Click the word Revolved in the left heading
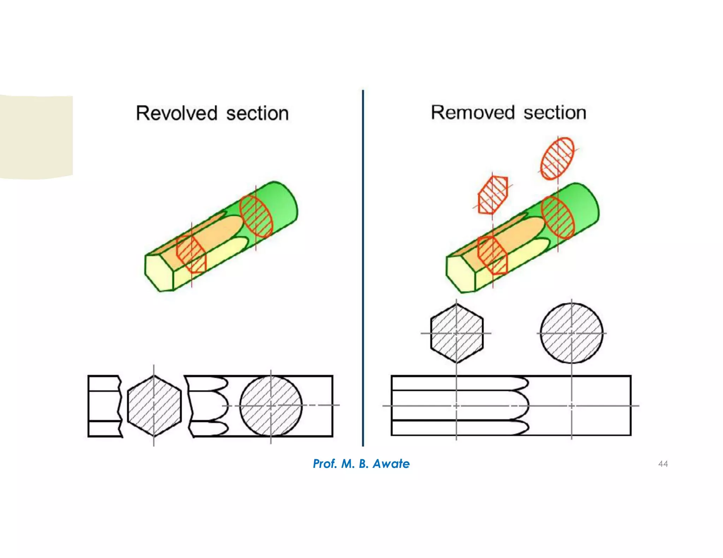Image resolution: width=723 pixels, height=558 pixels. coord(177,113)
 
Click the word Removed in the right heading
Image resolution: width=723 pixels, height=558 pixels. coord(473,113)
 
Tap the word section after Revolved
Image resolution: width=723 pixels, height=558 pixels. coord(257,113)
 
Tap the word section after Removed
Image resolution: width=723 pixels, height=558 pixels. coord(555,113)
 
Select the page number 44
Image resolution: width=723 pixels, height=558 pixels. coord(663,463)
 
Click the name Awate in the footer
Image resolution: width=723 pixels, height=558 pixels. coord(391,463)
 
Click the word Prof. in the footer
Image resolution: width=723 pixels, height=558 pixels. coord(325,463)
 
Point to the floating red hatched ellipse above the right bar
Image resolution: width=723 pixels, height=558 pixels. coord(557,158)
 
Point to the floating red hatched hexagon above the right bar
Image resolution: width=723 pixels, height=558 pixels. coord(493,195)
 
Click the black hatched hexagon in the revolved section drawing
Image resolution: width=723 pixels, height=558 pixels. coord(154,406)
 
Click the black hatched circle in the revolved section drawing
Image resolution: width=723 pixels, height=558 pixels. coord(271,406)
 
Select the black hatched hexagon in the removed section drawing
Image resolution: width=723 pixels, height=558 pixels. coord(456,333)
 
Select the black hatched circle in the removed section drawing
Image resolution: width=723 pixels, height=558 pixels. coord(571,333)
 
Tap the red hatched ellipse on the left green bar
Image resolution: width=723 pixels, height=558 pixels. coord(256,216)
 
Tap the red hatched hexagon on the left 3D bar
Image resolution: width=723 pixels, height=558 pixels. coord(191,254)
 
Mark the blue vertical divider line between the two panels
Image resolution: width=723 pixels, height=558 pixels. coord(363,268)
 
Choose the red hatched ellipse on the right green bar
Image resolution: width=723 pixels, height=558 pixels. coord(558,217)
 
